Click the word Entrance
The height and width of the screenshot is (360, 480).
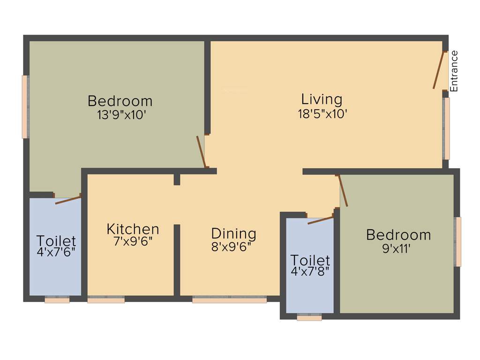[x=454, y=71]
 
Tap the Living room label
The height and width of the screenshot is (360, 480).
[x=322, y=99]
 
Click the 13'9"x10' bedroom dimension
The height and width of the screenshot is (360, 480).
[x=120, y=115]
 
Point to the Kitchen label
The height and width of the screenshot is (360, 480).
[x=133, y=229]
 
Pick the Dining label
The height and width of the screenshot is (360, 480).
[x=233, y=233]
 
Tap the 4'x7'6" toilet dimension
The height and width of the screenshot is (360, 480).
[x=56, y=252]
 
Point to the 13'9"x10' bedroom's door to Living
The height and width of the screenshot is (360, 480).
[x=201, y=151]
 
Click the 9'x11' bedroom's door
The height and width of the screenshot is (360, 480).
[x=343, y=191]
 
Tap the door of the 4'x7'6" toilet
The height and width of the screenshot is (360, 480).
[x=68, y=200]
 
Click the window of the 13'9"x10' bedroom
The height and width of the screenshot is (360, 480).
[x=25, y=107]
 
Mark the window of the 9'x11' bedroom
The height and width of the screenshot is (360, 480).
[x=458, y=241]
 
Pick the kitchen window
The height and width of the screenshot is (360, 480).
[x=106, y=300]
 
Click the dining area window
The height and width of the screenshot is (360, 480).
[x=229, y=300]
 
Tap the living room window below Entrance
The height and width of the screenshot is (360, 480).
[x=446, y=128]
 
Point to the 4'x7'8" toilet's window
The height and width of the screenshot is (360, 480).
[x=309, y=318]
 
